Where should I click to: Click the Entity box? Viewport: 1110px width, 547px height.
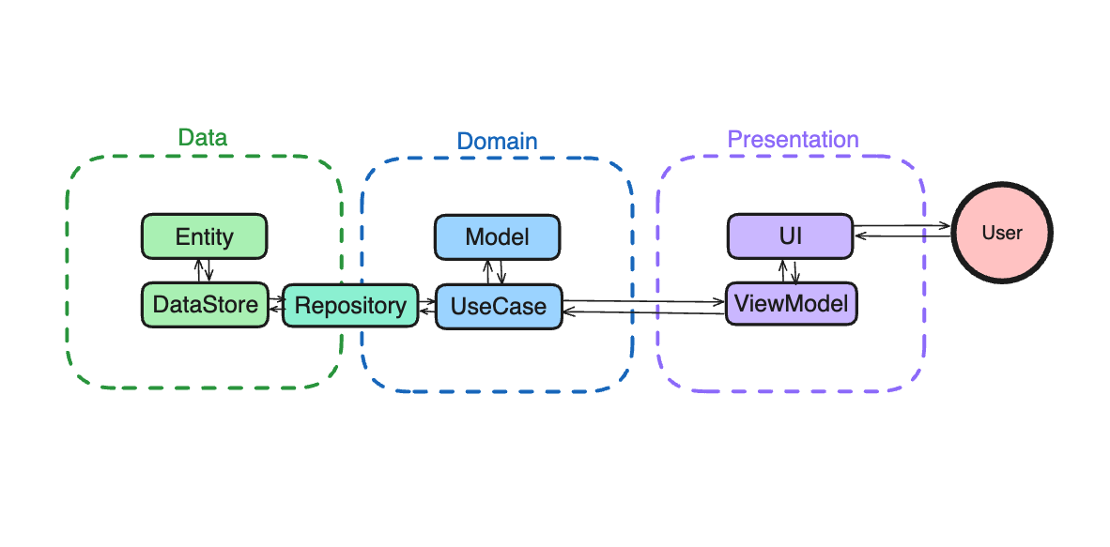pos(204,236)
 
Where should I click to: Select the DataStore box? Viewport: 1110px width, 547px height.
pos(205,305)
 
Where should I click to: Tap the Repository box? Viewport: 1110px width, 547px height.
pos(350,306)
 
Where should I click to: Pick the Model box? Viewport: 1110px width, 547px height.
pos(497,237)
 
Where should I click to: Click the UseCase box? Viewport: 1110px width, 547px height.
pos(498,307)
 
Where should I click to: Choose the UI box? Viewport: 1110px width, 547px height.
pos(790,236)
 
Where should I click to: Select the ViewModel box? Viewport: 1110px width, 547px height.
pos(791,304)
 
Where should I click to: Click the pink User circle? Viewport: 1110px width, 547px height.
pos(1001,233)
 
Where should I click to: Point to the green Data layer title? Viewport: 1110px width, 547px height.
pos(203,138)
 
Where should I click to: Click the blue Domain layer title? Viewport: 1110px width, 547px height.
pos(497,142)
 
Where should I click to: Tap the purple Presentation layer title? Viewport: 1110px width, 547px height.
pos(793,140)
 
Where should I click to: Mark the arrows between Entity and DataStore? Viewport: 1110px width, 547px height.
pos(204,270)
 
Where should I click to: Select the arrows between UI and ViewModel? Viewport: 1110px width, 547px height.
pos(789,271)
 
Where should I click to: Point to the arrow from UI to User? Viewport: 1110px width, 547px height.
pos(902,225)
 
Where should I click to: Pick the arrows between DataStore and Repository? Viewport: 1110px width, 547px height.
pos(276,304)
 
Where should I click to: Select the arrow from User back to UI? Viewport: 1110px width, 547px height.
pos(902,236)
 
